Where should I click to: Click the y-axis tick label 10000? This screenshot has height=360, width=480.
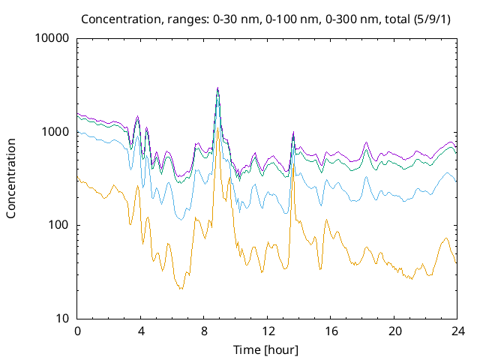click(52, 38)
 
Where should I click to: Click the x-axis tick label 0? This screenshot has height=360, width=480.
click(77, 331)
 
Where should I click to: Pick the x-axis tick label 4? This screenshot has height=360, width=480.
click(141, 331)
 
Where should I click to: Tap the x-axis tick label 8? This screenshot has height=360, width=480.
click(204, 331)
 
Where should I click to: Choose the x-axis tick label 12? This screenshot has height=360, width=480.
click(268, 331)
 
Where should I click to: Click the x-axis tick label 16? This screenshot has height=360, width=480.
click(331, 331)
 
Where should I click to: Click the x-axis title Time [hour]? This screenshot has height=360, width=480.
click(267, 349)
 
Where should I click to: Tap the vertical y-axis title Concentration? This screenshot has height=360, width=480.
click(12, 178)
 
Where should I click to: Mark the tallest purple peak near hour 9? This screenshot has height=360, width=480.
click(217, 87)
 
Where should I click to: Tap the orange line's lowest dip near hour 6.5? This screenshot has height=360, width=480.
click(181, 289)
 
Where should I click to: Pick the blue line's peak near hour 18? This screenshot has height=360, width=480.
click(366, 177)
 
